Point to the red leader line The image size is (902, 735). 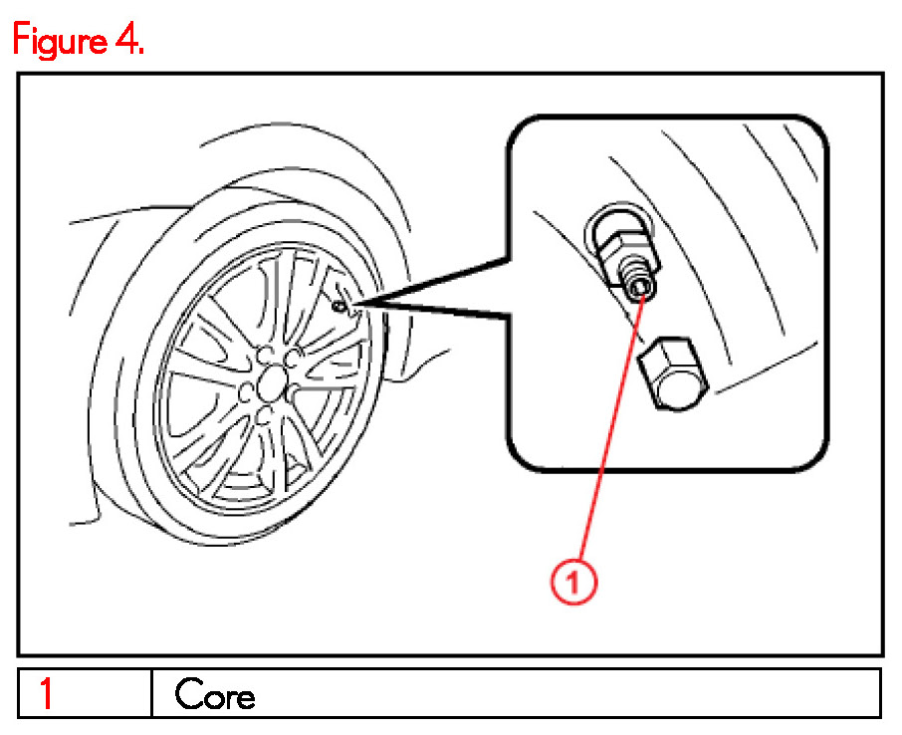click(609, 438)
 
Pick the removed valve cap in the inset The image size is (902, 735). click(672, 375)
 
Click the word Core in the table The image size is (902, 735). click(214, 694)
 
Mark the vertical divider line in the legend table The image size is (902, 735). click(151, 692)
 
